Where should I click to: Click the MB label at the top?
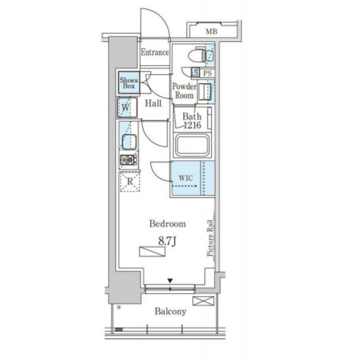pos(211,31)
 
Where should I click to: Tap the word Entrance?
pos(155,52)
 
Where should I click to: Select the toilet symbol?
pos(197,54)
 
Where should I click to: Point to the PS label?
pos(208,73)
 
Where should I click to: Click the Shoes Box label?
pos(129,83)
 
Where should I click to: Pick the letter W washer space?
pos(126,107)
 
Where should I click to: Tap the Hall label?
pos(153,103)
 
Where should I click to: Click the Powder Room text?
pos(184,91)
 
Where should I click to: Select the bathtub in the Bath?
pos(192,145)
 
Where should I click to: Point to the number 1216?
pos(192,125)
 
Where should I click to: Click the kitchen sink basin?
pos(129,141)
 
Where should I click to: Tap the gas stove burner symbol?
pos(129,160)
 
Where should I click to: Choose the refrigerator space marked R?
pos(130,182)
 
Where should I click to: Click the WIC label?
pos(186,178)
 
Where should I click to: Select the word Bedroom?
pos(168,224)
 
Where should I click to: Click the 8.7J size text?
pos(168,241)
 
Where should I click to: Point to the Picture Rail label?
pos(210,238)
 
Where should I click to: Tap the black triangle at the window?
pos(170,281)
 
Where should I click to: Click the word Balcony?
pos(170,312)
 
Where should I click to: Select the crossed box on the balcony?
pos(204,301)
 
